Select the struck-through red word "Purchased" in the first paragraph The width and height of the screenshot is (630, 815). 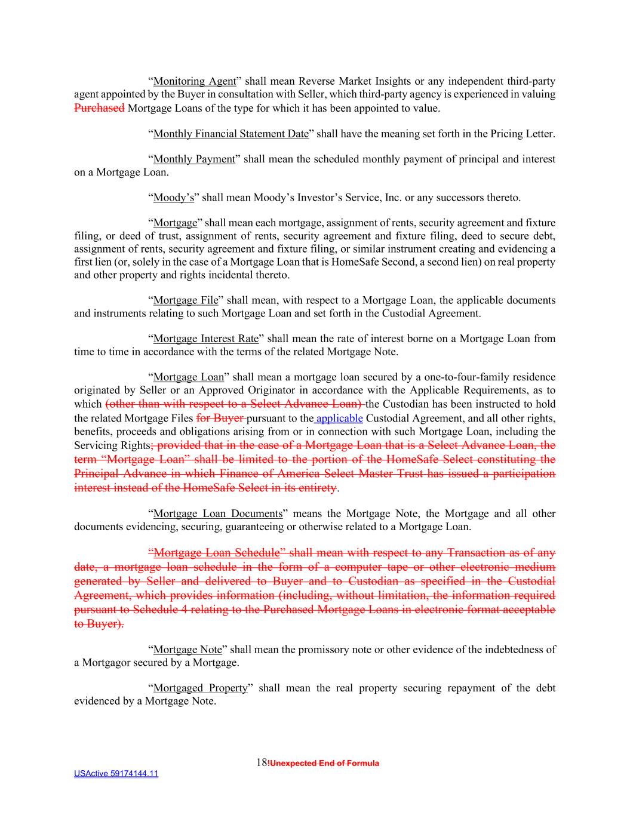point(99,108)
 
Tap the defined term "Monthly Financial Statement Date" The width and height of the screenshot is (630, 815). point(231,134)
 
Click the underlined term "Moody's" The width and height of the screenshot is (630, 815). point(174,198)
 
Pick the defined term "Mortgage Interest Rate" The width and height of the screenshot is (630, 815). point(206,339)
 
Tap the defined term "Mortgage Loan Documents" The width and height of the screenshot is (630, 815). point(218,513)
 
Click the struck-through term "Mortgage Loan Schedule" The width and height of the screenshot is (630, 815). point(216,552)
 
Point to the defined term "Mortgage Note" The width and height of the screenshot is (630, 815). point(188,649)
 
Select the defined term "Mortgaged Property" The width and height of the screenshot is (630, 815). point(200,688)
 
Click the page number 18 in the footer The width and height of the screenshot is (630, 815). point(261,762)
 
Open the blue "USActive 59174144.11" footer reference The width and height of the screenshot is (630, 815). point(116,774)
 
